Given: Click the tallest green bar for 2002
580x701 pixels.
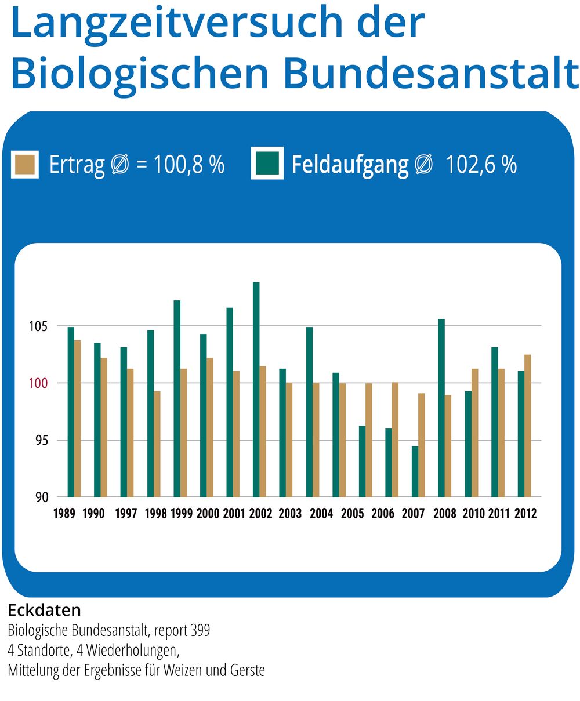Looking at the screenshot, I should pos(256,390).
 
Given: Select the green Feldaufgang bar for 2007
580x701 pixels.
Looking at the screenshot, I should pos(415,471).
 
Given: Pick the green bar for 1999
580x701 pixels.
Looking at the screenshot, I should pos(177,399).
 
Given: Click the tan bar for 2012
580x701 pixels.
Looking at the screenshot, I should pos(528,426).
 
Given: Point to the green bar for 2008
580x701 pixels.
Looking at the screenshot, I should pos(441,408).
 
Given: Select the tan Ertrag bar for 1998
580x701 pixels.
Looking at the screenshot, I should pos(157,444).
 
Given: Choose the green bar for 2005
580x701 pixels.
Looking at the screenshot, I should pos(362,462).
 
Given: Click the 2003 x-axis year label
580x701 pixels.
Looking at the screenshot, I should pos(290,514).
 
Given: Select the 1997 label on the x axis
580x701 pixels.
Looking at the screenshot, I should pos(126,514).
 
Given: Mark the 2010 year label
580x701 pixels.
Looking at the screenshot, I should pos(474,514).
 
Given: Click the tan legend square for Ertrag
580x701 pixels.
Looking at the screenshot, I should pos(26,165).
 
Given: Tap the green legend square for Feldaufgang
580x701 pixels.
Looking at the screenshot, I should pos(267,164).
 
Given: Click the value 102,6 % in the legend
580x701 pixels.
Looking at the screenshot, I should pos(481,165).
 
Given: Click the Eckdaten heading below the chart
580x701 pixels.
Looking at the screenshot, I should pos(45,610).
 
